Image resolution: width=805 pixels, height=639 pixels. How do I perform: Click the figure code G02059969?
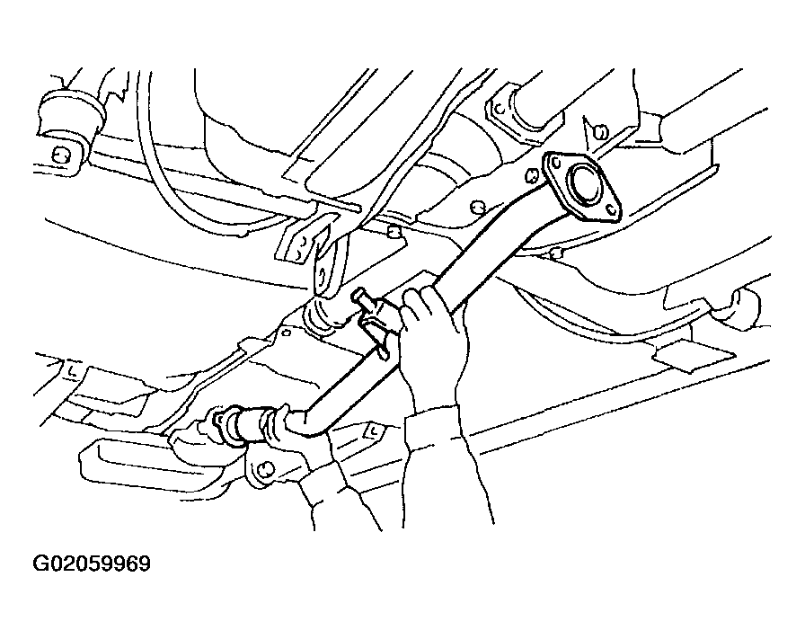(92, 564)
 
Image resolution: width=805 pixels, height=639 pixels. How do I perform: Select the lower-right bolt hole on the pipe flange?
(610, 209)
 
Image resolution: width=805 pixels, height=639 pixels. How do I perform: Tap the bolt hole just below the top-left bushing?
(60, 155)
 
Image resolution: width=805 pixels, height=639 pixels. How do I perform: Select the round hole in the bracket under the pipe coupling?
(264, 469)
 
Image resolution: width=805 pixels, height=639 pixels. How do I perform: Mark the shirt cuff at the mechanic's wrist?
(432, 424)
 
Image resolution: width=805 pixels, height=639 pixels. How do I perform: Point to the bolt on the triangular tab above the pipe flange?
(599, 132)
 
